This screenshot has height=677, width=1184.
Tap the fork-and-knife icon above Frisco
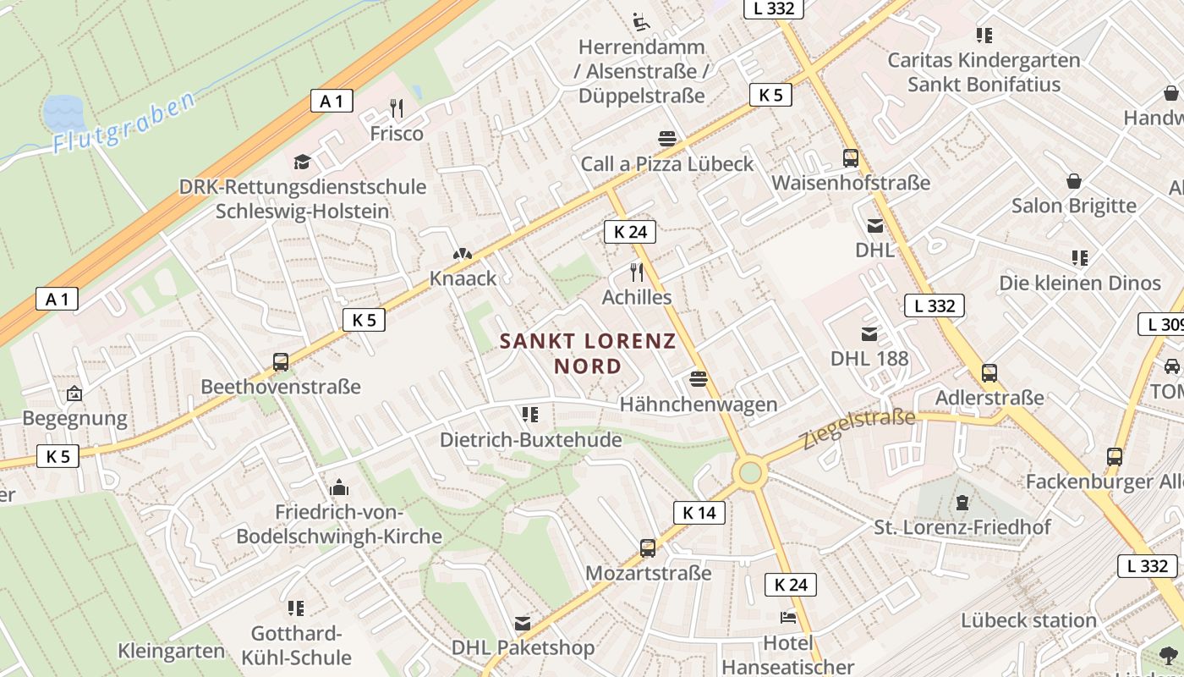coord(396,108)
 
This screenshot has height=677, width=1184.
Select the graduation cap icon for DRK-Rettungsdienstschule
coord(302,162)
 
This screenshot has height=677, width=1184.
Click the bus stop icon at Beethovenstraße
coord(281,362)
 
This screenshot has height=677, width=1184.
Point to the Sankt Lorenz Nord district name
coord(588,353)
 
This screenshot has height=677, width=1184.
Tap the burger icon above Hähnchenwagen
coord(698,379)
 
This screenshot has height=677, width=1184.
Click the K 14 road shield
coord(699,512)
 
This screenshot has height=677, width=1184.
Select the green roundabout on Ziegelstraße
coord(750,473)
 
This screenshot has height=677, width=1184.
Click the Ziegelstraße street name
coord(859,427)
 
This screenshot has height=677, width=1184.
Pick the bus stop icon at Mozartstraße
coord(648,548)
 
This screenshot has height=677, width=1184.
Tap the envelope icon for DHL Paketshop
coord(523,624)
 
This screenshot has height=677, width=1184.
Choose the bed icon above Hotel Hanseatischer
coord(788,617)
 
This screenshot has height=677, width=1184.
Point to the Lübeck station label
coord(1028,620)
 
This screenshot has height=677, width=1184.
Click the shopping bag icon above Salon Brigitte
coord(1073,181)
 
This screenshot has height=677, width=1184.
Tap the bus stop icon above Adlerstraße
coord(989,372)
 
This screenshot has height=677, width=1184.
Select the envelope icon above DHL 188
coord(869,333)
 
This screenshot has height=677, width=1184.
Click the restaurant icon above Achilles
coord(637,272)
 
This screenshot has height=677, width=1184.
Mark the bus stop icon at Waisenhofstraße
coord(851,157)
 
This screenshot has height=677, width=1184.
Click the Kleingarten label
coord(172,651)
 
